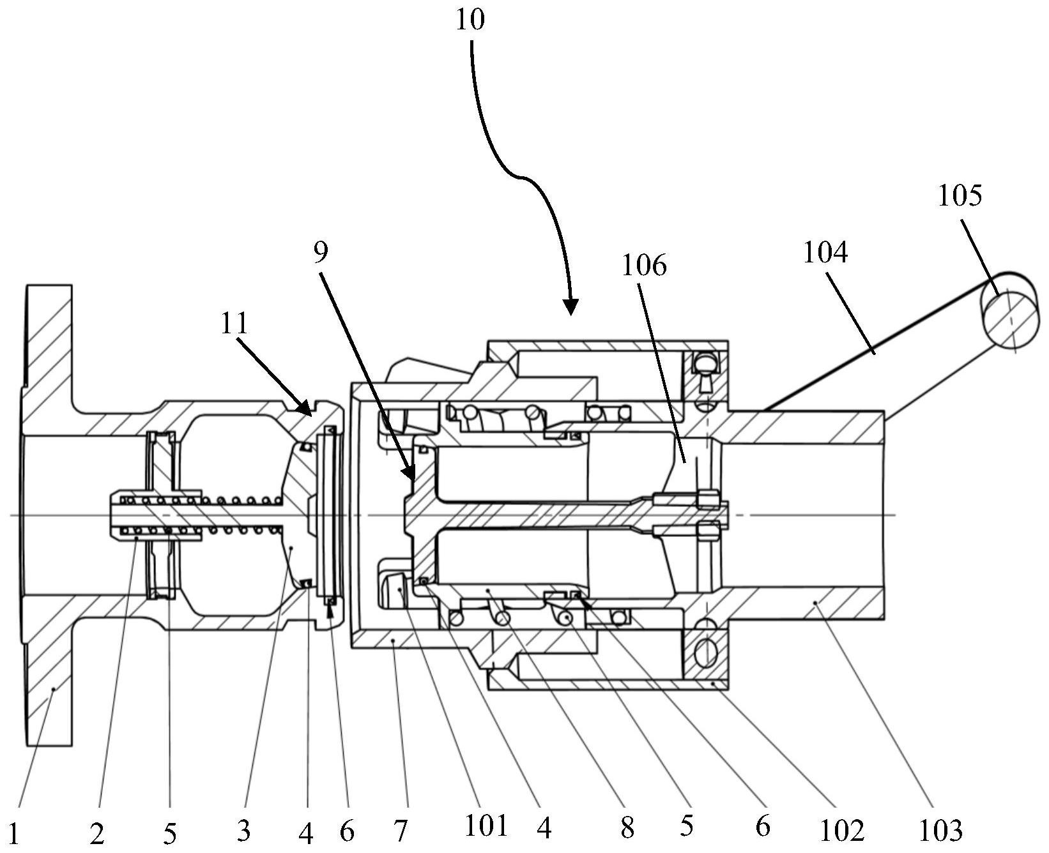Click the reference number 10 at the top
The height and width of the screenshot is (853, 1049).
point(470,20)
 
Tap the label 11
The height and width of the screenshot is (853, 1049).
point(234,324)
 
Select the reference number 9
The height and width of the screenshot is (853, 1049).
point(321,253)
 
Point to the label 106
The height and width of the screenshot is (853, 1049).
point(644,266)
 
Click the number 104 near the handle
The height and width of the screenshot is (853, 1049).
point(825,253)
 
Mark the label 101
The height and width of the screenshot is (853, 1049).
point(486,827)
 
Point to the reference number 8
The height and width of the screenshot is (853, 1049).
point(627,829)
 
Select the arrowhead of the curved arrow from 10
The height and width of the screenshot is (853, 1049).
point(570,308)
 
